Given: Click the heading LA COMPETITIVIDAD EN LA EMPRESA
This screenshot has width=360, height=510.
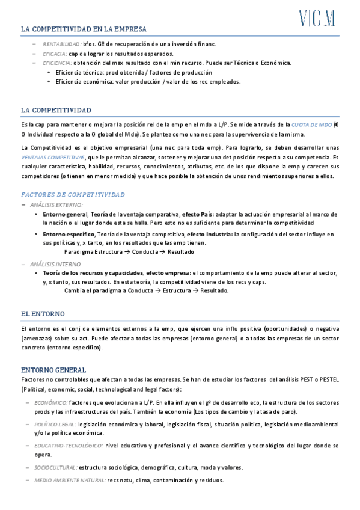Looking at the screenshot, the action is (x=84, y=29).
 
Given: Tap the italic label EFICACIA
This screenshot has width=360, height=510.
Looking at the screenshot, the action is (x=55, y=54).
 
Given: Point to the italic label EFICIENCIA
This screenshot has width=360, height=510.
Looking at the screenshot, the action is (x=57, y=63).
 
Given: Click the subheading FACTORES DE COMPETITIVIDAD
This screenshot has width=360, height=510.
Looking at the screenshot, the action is (x=73, y=195).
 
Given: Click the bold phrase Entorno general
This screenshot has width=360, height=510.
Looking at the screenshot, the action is (x=65, y=214).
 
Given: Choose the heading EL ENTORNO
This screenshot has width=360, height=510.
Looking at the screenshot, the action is (x=43, y=314).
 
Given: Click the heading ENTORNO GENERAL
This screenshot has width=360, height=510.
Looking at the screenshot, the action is (x=53, y=370).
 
